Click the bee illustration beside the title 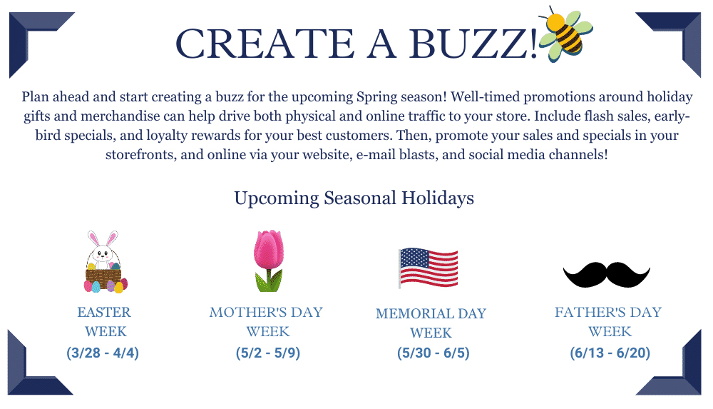pos(565,34)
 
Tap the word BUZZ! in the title pos(473,44)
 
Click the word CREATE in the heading pos(265,44)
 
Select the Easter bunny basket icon pos(106,261)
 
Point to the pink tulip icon pos(268,261)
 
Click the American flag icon pos(428,268)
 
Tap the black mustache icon pos(607,274)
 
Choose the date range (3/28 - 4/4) pos(103,353)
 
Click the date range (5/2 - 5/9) pos(268,353)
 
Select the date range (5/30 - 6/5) pos(434,353)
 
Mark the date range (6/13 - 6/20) pos(610,353)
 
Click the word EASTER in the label pos(104,313)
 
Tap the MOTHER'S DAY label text pos(266,313)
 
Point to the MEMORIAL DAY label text pos(431,314)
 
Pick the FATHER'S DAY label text pos(608,313)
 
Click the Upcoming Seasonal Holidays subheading pos(354,198)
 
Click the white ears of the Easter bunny pos(103,238)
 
